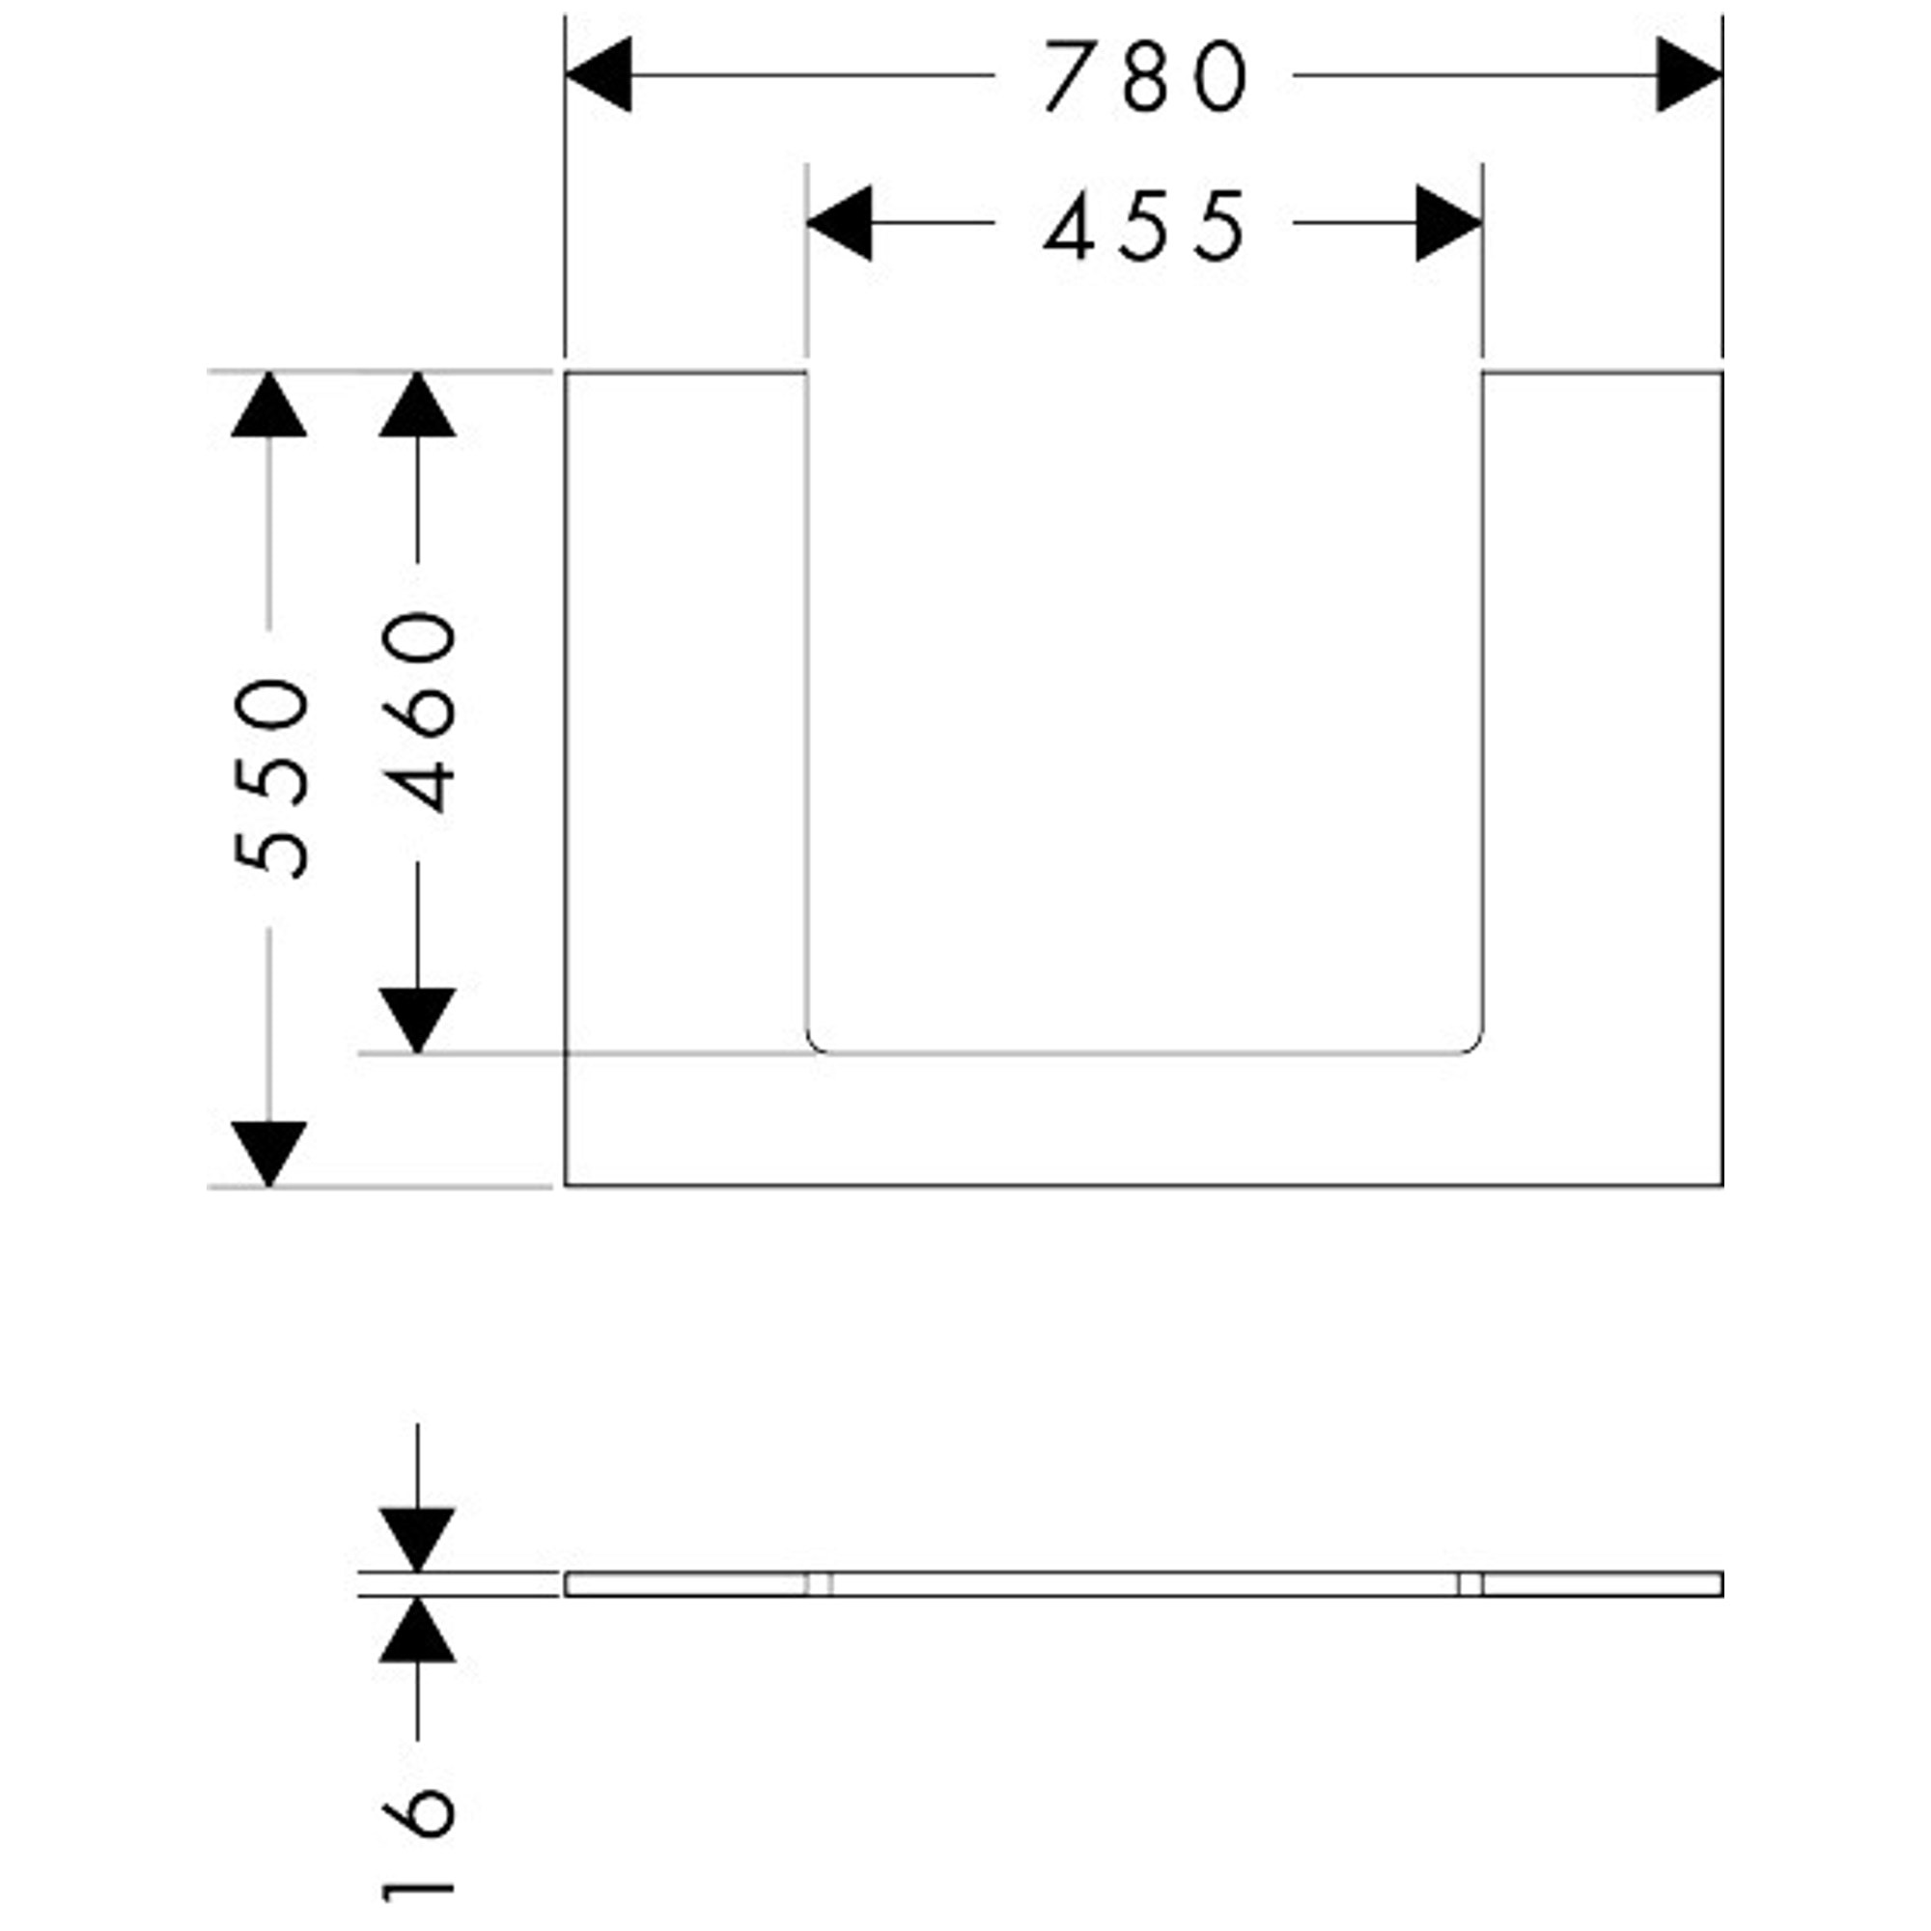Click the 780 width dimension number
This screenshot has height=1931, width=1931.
tap(1145, 77)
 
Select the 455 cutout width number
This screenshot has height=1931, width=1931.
tap(1145, 226)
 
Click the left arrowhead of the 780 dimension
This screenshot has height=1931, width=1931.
tap(598, 75)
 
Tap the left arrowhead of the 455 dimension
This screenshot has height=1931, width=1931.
tap(839, 223)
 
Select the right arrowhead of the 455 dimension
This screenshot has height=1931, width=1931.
tap(1449, 223)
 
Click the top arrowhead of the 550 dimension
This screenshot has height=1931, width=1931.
tap(268, 405)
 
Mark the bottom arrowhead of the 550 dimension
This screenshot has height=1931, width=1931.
tap(268, 1155)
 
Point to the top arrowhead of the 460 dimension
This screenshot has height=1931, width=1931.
tap(418, 405)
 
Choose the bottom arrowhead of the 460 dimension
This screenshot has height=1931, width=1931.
tap(418, 1021)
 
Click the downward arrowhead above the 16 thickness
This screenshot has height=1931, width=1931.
tap(418, 1539)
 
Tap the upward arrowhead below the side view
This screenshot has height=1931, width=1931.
tap(418, 1629)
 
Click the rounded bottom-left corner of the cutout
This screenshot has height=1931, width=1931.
tap(813, 1047)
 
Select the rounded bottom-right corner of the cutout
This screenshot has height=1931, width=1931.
tap(1476, 1047)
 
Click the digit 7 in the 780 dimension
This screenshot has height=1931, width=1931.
tap(1070, 77)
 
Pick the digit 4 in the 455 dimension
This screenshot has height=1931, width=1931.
tap(1069, 226)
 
